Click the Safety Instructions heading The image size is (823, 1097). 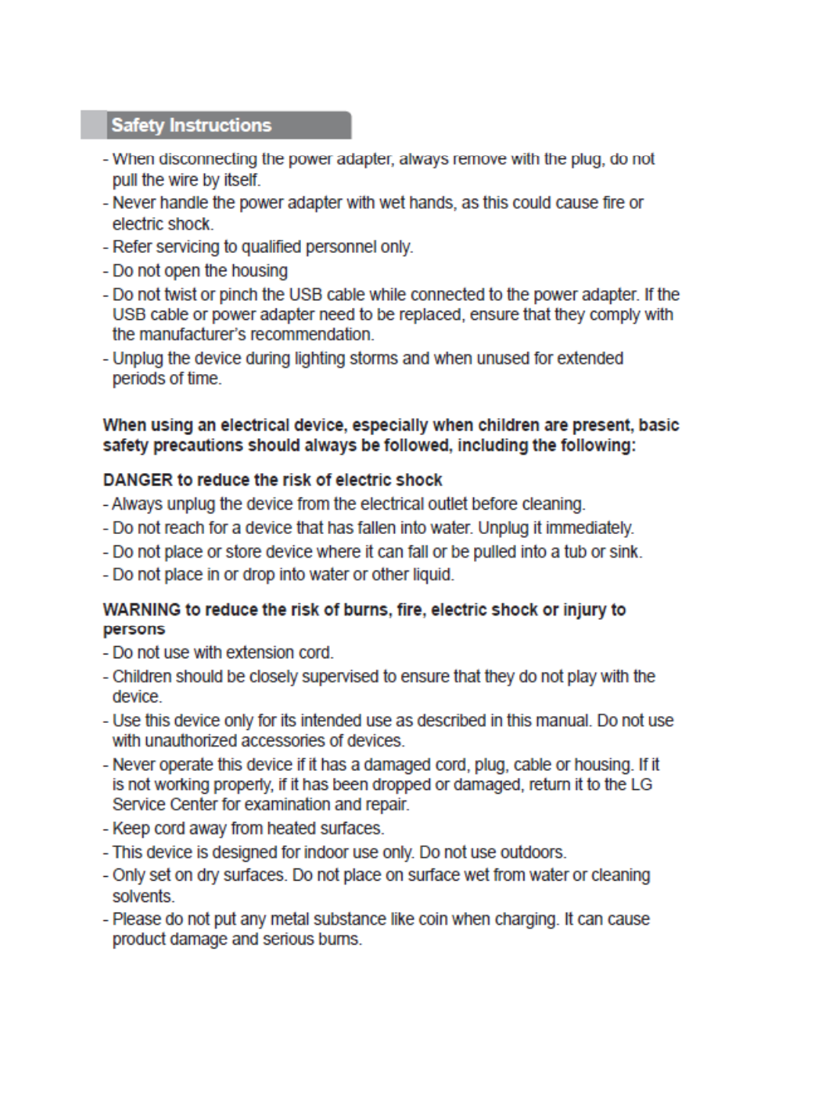191,126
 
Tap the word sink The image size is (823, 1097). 628,552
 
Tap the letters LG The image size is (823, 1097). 641,785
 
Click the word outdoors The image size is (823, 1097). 535,852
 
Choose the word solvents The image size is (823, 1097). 143,897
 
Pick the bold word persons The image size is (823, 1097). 134,630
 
